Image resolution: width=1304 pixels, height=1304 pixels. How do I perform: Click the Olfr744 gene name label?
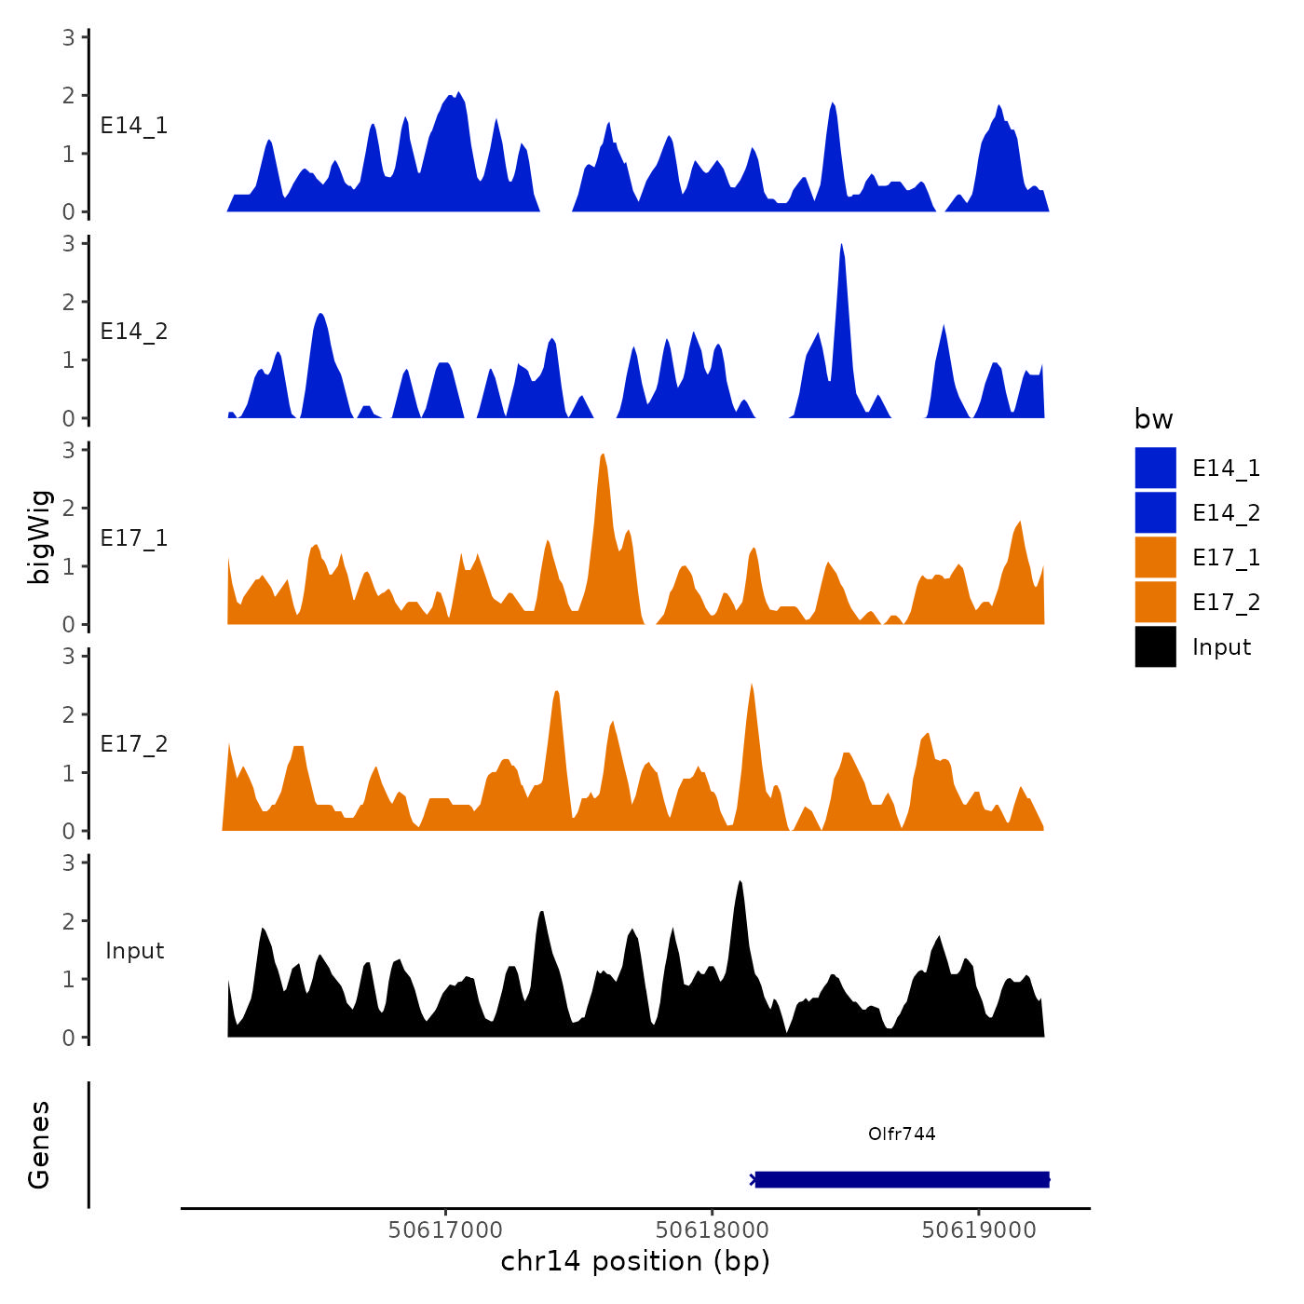[x=901, y=1134]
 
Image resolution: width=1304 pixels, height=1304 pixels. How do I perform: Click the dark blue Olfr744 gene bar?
[x=902, y=1179]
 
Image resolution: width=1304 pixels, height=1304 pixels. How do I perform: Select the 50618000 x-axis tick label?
[x=712, y=1230]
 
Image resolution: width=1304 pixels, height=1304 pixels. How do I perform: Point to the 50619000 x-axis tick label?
[x=978, y=1230]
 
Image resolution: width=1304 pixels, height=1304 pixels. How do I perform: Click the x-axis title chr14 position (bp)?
[x=635, y=1261]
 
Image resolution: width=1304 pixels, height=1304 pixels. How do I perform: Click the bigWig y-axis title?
[x=39, y=537]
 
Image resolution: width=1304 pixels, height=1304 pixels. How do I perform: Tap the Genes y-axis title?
[x=39, y=1145]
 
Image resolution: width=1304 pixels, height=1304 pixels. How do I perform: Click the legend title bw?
[x=1153, y=419]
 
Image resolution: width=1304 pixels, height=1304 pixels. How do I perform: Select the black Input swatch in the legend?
[x=1155, y=646]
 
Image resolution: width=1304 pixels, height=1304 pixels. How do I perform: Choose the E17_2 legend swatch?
[x=1155, y=602]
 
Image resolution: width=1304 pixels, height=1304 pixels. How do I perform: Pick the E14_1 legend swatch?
[x=1155, y=468]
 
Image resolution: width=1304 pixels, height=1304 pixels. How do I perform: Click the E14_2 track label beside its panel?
[x=134, y=332]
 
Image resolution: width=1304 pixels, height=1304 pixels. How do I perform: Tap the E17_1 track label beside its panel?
[x=134, y=537]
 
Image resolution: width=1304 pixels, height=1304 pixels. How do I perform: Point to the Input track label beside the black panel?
[x=134, y=951]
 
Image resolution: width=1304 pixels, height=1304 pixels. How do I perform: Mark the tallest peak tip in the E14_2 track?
[x=841, y=245]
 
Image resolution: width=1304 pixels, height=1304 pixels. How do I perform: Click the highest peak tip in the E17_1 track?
[x=603, y=455]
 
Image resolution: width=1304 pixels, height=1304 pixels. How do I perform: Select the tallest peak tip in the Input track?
[x=740, y=881]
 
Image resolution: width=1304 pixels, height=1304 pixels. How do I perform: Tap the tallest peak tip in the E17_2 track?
[x=751, y=685]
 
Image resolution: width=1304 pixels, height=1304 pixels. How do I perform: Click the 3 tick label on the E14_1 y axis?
[x=69, y=37]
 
